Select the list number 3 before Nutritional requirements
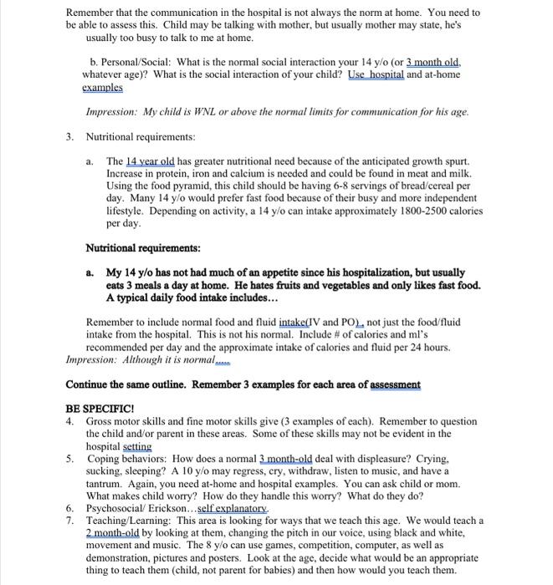[69, 136]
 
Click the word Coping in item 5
[104, 458]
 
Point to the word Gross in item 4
[101, 422]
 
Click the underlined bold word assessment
[392, 385]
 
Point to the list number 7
[69, 520]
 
